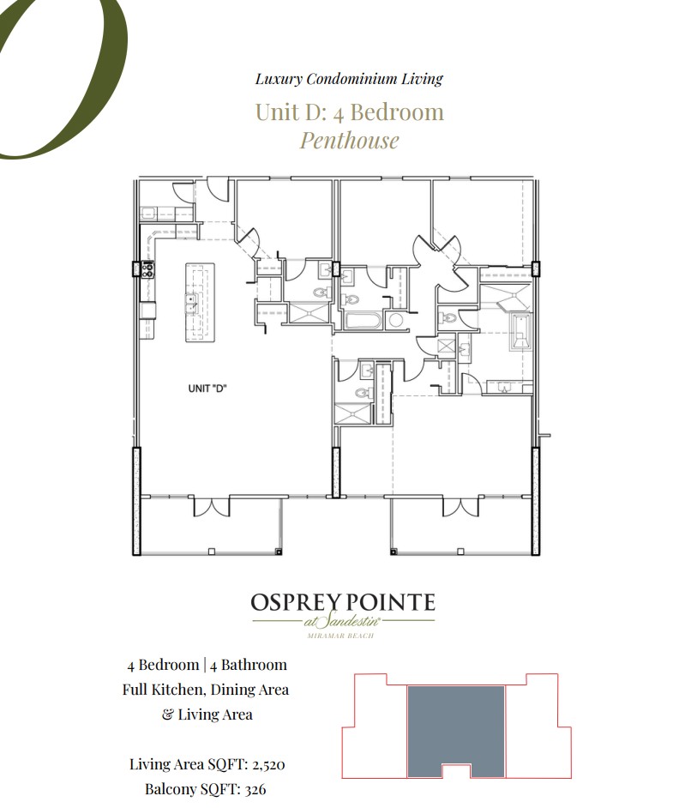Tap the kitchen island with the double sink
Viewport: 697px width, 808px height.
pos(200,302)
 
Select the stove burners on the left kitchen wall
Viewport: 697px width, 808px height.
pos(147,269)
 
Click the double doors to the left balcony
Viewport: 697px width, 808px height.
pos(211,506)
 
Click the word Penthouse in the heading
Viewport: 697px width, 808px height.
pos(349,140)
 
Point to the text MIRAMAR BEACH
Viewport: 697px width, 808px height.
pos(342,636)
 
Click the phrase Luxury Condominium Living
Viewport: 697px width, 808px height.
pos(349,79)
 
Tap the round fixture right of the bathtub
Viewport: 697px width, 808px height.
pos(395,322)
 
